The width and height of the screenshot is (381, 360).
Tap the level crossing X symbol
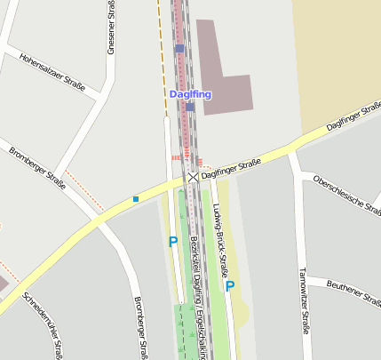[193, 178]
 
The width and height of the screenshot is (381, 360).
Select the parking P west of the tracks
[173, 241]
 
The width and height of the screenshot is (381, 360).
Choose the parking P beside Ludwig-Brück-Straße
[230, 286]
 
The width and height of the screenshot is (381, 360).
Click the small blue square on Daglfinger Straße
[136, 198]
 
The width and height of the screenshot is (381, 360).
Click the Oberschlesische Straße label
[347, 195]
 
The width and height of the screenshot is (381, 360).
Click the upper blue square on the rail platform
[179, 48]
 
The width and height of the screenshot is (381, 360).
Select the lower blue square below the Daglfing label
[190, 107]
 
